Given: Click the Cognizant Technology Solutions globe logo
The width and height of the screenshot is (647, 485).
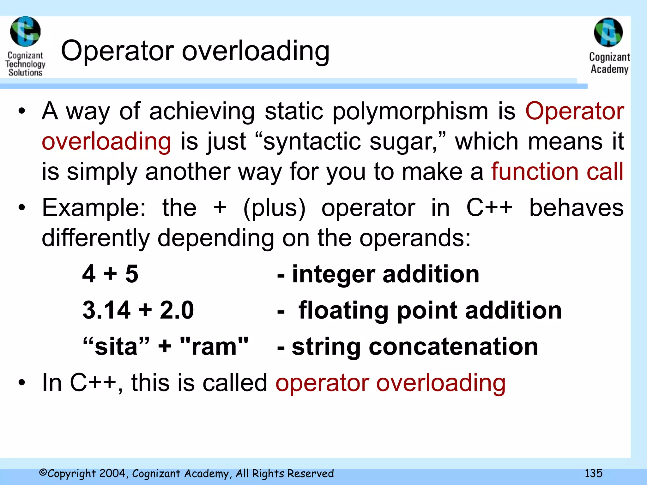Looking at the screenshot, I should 25,32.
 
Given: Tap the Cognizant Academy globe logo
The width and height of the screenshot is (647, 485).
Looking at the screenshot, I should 608,32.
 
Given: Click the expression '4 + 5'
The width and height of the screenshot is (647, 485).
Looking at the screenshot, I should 110,274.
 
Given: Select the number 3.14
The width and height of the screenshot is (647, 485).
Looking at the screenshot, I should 106,310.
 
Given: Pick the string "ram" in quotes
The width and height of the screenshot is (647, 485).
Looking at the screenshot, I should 214,346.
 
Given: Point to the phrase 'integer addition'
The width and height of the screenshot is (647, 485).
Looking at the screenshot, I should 385,274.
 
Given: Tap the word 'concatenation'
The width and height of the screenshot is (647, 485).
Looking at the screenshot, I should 453,347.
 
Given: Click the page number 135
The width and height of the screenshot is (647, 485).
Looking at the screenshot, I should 593,473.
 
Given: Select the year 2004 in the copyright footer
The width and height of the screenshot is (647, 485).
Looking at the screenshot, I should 113,473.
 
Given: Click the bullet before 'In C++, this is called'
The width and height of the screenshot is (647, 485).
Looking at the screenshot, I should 21,383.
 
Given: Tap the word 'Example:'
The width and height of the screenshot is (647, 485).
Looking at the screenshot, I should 94,208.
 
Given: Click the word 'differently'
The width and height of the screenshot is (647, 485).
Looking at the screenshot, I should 96,238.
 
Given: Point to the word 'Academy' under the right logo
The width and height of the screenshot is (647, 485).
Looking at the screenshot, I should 609,69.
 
